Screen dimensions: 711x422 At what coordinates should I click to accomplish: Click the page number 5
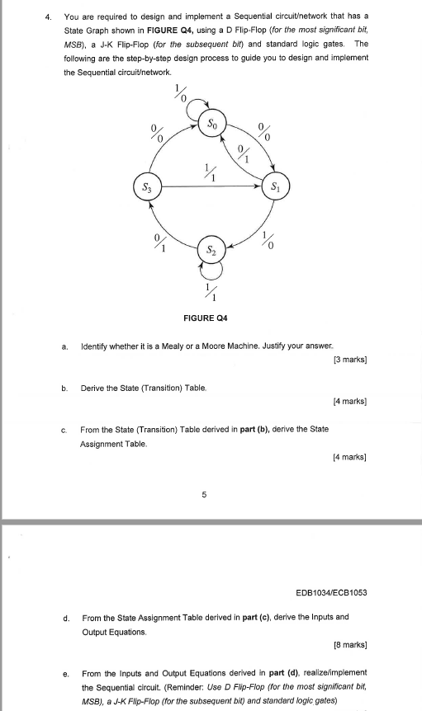click(204, 495)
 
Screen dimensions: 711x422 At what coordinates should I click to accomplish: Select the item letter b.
click(64, 387)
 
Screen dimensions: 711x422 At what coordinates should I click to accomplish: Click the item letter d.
click(64, 616)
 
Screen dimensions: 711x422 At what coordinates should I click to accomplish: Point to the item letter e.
click(64, 673)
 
